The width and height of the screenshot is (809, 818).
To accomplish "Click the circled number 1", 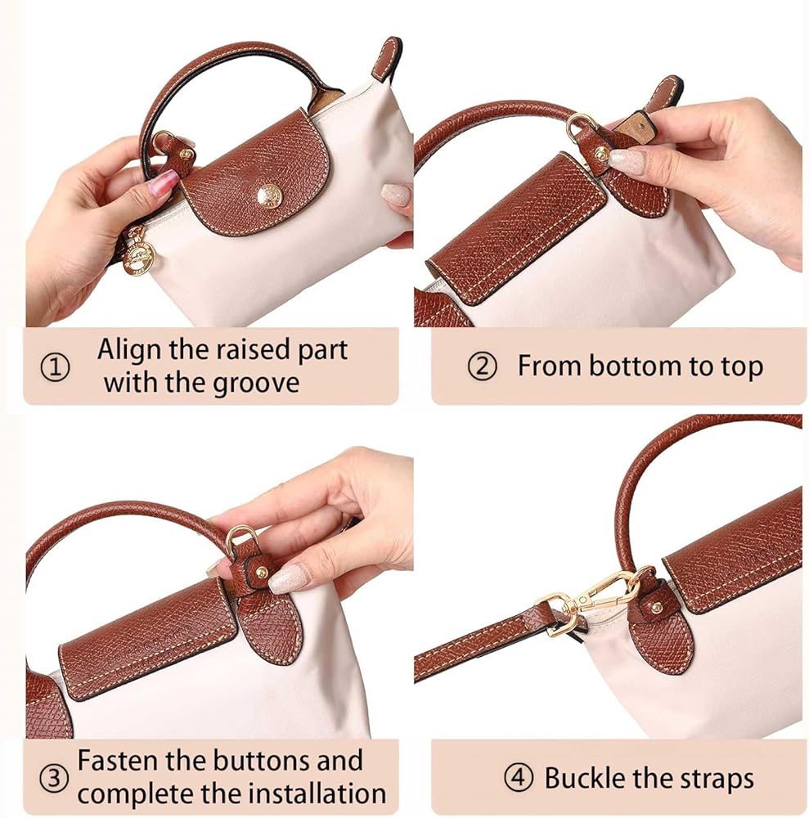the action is point(55,369).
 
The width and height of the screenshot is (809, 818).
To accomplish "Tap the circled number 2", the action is point(482,366).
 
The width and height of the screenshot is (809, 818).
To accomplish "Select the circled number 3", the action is point(54,779).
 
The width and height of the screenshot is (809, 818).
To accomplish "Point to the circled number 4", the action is point(519,779).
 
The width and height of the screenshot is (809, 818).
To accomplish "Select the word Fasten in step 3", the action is point(116,761).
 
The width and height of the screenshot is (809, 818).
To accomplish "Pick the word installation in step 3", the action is point(317,794).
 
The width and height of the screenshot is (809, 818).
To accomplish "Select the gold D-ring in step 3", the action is point(241,537).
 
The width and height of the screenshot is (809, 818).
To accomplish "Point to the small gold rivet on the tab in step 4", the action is point(657,607).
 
